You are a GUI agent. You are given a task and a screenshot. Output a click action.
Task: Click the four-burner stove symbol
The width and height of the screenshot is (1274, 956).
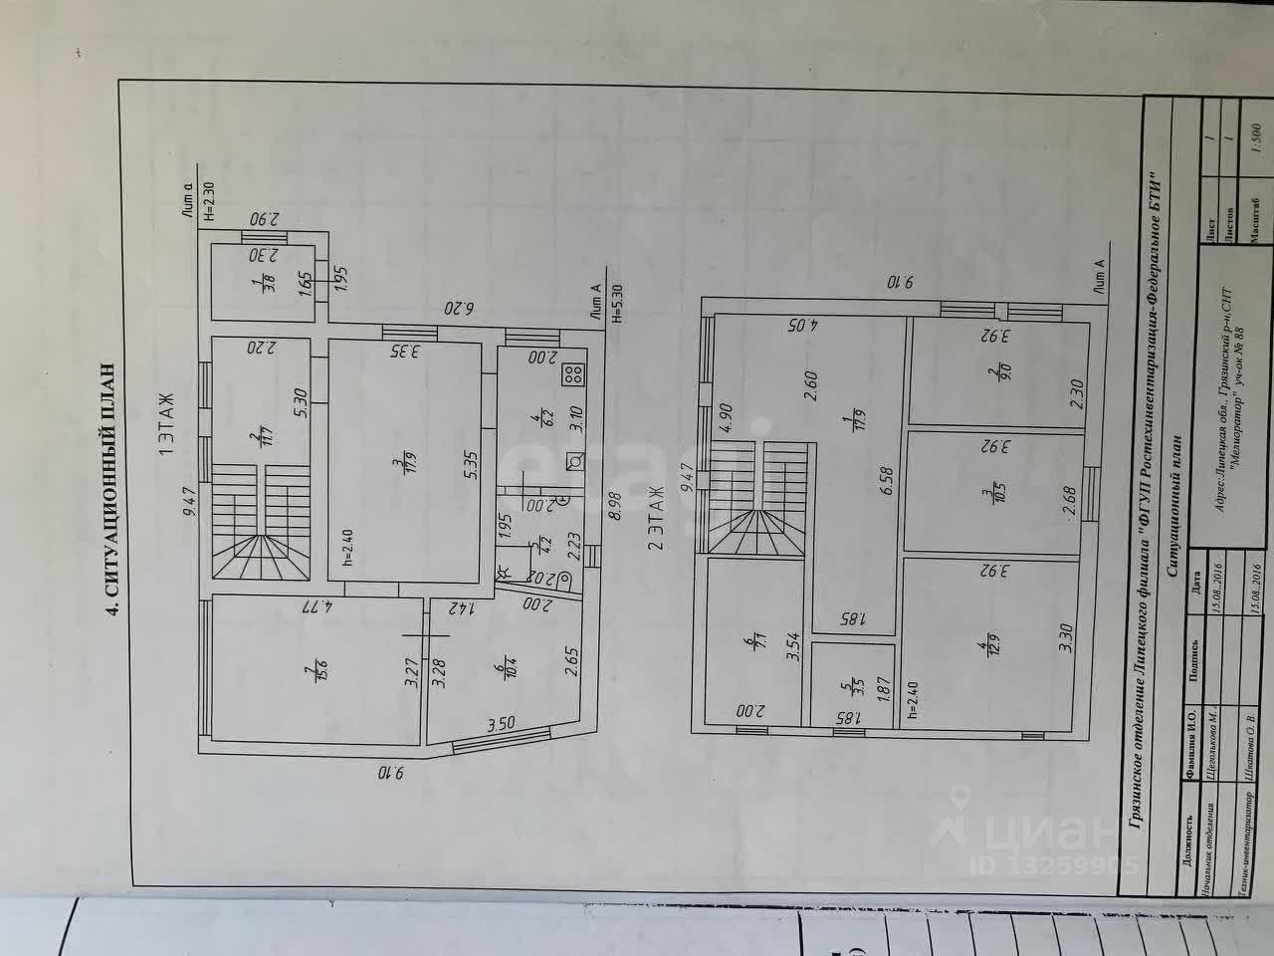[574, 375]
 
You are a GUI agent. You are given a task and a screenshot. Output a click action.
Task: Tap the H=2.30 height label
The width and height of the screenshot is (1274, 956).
[208, 199]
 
